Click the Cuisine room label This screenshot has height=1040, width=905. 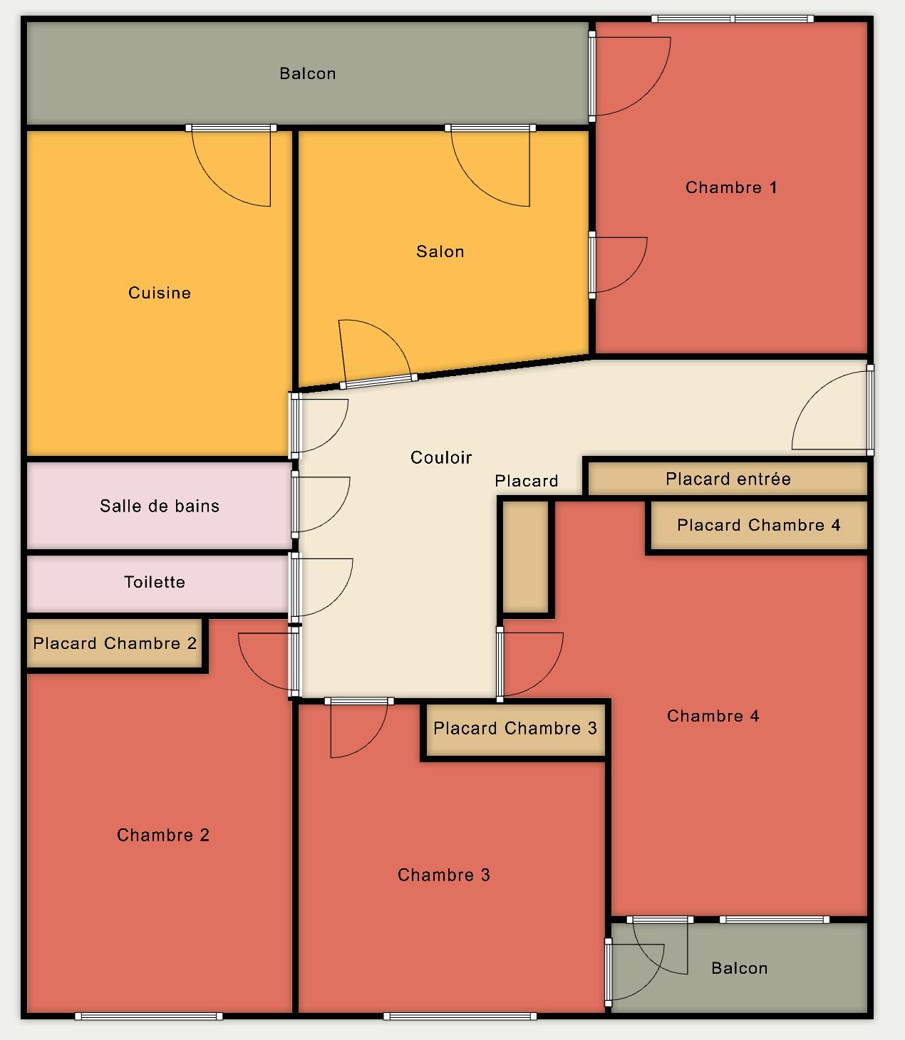(x=160, y=293)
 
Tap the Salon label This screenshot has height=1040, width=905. (x=440, y=251)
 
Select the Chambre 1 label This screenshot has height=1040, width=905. (x=731, y=187)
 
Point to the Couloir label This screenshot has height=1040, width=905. (x=441, y=457)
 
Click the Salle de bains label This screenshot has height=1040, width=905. (x=160, y=506)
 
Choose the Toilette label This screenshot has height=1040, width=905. (x=155, y=582)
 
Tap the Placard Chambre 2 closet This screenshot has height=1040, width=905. (x=115, y=643)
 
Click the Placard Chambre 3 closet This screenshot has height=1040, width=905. (x=515, y=729)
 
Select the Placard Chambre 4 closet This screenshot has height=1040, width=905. (x=759, y=525)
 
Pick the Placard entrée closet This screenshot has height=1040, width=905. (x=728, y=478)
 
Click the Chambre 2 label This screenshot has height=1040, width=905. (x=163, y=835)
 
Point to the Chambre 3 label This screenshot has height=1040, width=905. (x=444, y=875)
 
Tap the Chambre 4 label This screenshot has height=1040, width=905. (x=713, y=716)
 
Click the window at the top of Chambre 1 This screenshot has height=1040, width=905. (x=733, y=19)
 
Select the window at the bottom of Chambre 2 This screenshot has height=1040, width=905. (x=148, y=1016)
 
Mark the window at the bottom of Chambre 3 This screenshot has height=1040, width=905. (x=460, y=1016)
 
